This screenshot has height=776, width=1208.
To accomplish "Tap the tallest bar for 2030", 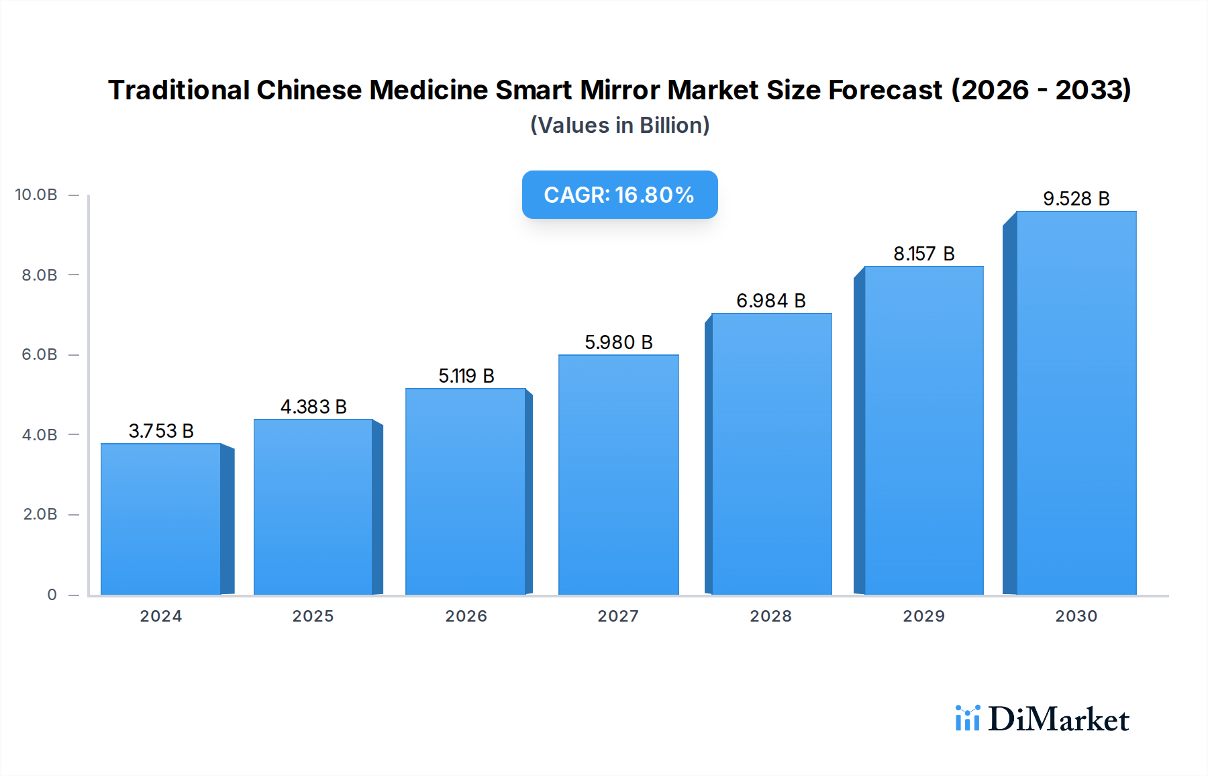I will [1076, 403].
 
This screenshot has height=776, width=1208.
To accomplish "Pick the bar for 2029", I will [923, 430].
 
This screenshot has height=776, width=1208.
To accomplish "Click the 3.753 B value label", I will [161, 431].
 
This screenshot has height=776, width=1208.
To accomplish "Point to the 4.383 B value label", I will [313, 407].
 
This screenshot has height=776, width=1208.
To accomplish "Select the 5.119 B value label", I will [466, 376].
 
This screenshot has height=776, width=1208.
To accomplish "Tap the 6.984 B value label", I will [770, 301].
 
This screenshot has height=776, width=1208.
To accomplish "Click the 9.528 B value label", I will [1076, 199].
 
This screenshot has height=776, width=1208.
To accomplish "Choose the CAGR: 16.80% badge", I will [619, 195].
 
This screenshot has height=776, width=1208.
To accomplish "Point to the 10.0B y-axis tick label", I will [36, 195].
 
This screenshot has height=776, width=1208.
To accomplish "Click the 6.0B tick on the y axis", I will [40, 354].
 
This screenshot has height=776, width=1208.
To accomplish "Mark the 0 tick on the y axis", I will [52, 595].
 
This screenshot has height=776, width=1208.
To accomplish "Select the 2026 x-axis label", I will [466, 616].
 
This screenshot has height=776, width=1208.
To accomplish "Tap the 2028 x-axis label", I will [770, 616].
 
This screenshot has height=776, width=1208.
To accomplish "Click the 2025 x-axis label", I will [313, 616].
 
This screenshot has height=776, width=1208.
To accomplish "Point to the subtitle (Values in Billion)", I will [619, 126].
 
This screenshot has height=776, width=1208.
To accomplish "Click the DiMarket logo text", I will [1058, 720].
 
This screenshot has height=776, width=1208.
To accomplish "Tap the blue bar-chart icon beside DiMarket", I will [967, 718].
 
